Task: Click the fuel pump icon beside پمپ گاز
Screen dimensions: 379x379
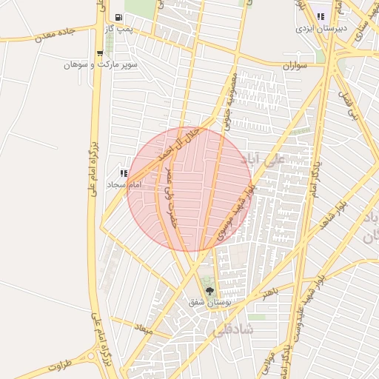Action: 118,16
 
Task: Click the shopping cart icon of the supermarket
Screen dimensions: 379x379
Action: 100,53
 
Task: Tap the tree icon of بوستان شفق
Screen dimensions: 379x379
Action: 210,289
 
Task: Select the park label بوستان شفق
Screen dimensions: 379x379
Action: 210,302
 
